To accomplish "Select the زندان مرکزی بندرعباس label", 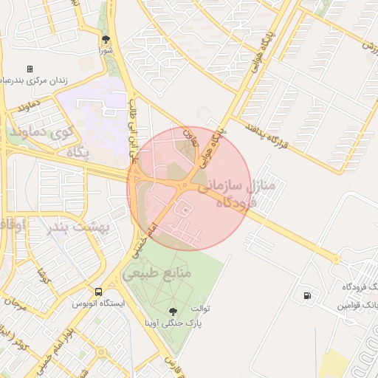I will tap(37, 80).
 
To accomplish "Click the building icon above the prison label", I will tap(30, 69).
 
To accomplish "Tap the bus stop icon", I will tap(99, 292).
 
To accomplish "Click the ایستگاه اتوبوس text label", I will tap(99, 303).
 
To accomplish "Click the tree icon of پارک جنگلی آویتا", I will tap(173, 312).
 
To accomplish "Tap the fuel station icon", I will tap(306, 296).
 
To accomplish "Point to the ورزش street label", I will tap(368, 45).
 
